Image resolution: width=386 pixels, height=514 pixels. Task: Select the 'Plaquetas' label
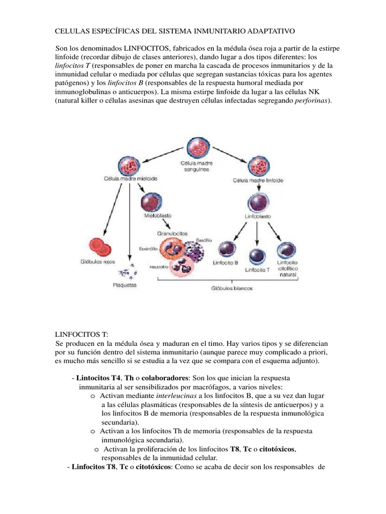[x=124, y=285]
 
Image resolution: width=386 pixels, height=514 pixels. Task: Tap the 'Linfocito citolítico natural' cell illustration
[x=285, y=250]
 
